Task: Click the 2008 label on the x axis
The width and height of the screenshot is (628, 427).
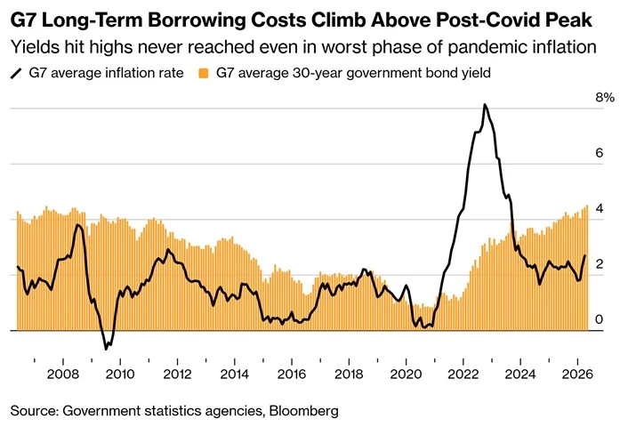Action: (x=63, y=375)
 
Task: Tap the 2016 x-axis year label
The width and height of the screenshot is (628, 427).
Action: (x=292, y=375)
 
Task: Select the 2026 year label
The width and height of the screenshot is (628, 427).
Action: (x=577, y=375)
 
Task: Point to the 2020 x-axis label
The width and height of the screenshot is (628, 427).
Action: (x=406, y=375)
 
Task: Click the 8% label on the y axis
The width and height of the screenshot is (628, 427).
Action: (x=605, y=97)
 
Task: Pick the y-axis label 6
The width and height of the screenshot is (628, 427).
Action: (x=600, y=153)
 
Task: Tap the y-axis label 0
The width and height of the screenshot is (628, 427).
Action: (x=600, y=319)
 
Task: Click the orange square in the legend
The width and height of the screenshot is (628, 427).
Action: (x=204, y=73)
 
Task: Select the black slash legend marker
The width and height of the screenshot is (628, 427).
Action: (x=16, y=74)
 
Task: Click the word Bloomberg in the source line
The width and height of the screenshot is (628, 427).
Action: (x=303, y=411)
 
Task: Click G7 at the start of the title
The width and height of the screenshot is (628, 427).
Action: (x=23, y=20)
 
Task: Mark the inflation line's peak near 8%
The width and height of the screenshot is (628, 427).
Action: (x=485, y=105)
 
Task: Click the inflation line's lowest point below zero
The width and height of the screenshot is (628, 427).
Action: (x=106, y=350)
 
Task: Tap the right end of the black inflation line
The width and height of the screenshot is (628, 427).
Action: (x=584, y=255)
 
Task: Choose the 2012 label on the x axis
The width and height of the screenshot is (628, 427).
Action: (x=177, y=375)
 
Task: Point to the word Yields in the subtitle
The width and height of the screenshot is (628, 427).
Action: (x=34, y=47)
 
